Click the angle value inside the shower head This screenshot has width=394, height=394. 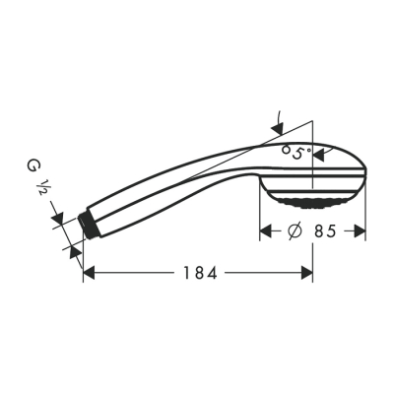point(295,153)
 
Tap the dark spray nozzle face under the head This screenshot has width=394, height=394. point(313,204)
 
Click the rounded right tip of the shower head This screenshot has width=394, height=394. point(362,177)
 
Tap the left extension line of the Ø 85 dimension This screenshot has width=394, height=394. point(260,217)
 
